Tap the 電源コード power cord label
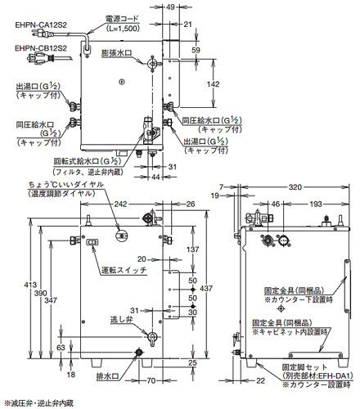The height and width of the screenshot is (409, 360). (x=121, y=17)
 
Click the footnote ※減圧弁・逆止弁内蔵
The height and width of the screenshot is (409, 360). (x=39, y=402)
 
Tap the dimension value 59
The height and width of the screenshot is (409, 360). (x=196, y=49)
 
